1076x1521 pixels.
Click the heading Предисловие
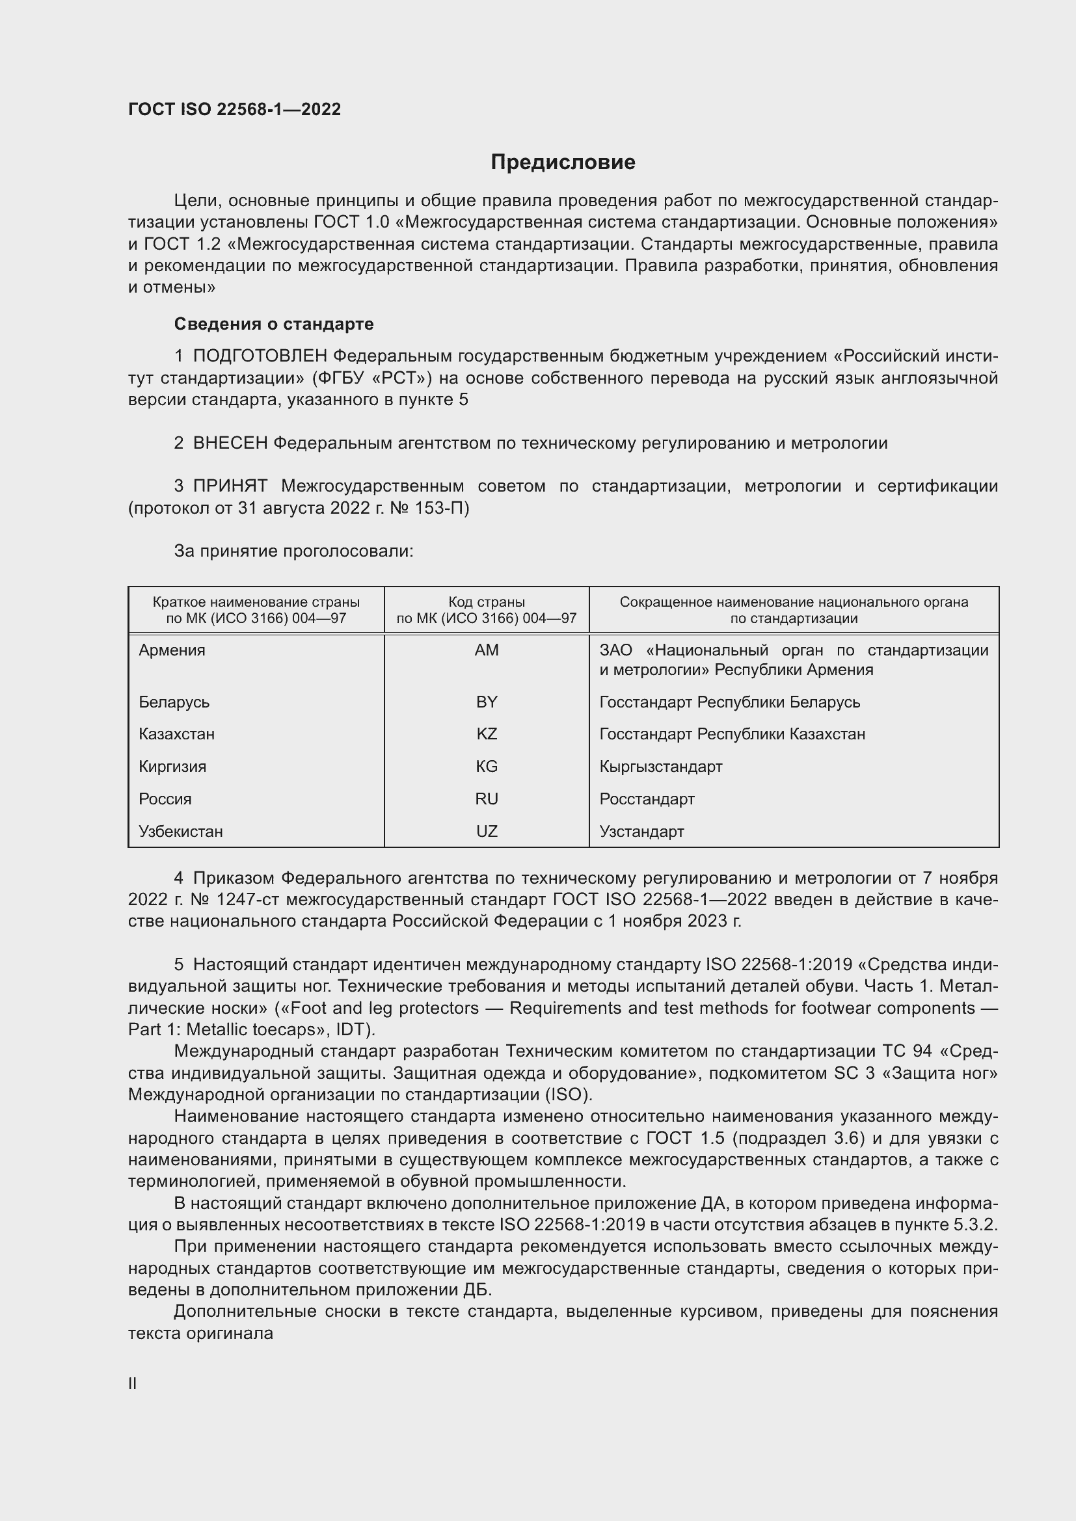coord(563,163)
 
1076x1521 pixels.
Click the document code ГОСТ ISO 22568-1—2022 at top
coord(235,109)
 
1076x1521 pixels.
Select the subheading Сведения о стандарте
coord(274,324)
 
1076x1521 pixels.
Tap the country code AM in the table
coord(487,650)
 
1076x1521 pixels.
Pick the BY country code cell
coord(487,702)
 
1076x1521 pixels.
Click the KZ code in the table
coord(487,734)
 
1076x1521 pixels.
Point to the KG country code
coord(487,767)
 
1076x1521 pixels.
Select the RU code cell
coord(487,799)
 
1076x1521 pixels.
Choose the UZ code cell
coord(487,832)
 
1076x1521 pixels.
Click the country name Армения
coord(172,650)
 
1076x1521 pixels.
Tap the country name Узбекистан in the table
coord(181,832)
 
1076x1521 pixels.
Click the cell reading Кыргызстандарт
coord(660,767)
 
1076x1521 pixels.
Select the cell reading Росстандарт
coord(647,799)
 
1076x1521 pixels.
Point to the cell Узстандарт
coord(641,832)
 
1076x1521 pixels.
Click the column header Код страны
coord(487,602)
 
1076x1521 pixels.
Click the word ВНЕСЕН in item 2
coord(230,443)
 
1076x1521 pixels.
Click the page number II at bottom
coord(133,1383)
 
